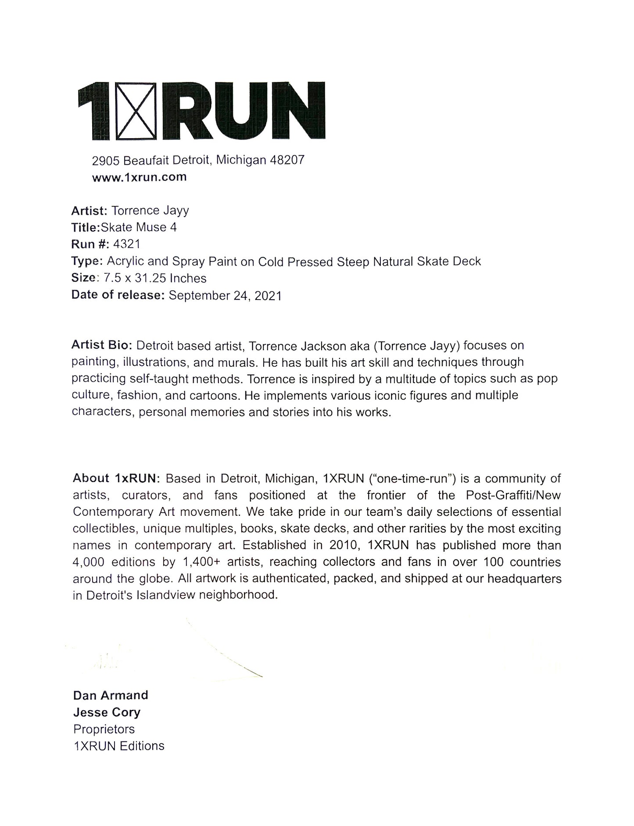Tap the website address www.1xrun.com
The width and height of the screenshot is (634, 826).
(139, 177)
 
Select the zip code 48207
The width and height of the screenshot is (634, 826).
(287, 160)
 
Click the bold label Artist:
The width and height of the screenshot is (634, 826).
(89, 211)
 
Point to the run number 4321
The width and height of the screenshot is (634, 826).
(126, 244)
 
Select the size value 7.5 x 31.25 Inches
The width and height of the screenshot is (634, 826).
(155, 278)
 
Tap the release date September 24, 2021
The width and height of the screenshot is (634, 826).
(225, 295)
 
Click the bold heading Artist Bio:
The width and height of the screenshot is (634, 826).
(101, 345)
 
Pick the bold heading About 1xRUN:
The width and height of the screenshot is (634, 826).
(117, 478)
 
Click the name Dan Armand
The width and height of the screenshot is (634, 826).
(111, 695)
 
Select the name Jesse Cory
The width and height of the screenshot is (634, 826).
(107, 712)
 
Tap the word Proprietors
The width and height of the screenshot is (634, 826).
(104, 729)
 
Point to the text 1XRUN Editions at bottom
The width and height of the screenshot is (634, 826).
(119, 746)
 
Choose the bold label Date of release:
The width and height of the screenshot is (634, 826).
(118, 295)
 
